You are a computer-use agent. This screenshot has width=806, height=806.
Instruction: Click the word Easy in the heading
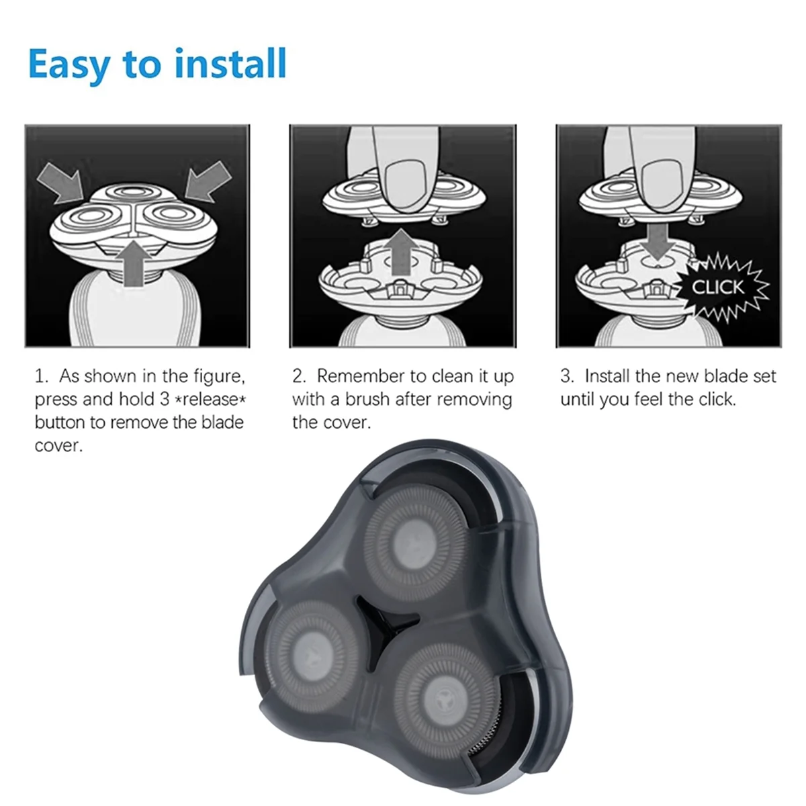tap(69, 65)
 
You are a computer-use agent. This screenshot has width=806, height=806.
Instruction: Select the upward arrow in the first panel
tap(134, 263)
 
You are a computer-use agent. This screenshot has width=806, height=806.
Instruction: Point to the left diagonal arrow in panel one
tap(60, 183)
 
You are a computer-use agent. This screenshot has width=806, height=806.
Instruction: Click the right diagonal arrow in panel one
tap(208, 181)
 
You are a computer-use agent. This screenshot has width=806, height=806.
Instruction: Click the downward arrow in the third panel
tap(658, 242)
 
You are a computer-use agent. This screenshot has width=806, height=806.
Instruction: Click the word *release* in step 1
tap(211, 400)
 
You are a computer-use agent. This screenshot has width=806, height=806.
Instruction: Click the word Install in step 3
tap(607, 376)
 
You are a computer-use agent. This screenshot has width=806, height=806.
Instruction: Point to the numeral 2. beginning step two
tap(299, 376)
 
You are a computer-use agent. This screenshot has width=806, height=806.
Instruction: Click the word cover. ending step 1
tap(58, 446)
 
